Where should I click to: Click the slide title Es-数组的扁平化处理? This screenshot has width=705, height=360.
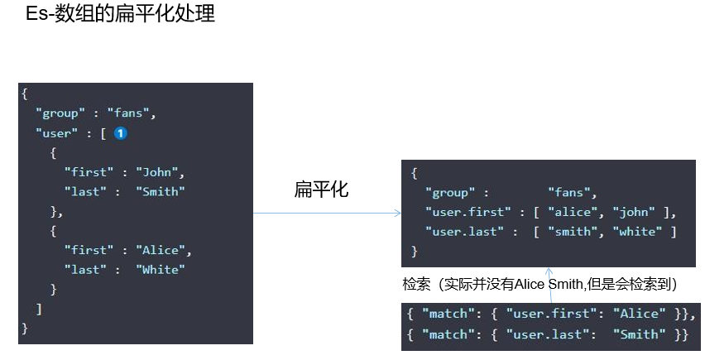(x=120, y=14)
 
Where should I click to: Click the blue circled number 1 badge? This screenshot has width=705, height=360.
(x=120, y=133)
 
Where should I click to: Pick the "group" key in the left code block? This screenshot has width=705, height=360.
(x=60, y=113)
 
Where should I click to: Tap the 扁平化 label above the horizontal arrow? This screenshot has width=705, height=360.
(x=322, y=190)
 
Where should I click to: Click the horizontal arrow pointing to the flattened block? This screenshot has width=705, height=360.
(x=327, y=214)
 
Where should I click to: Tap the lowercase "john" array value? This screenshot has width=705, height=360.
(x=633, y=212)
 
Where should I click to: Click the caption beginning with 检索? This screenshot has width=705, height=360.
(x=540, y=284)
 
